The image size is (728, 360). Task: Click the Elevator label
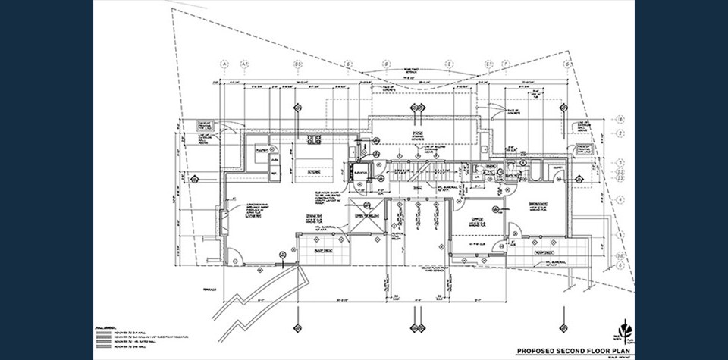[360, 174]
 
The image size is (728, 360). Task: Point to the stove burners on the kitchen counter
[315, 139]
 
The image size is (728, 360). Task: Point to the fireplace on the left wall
[221, 221]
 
